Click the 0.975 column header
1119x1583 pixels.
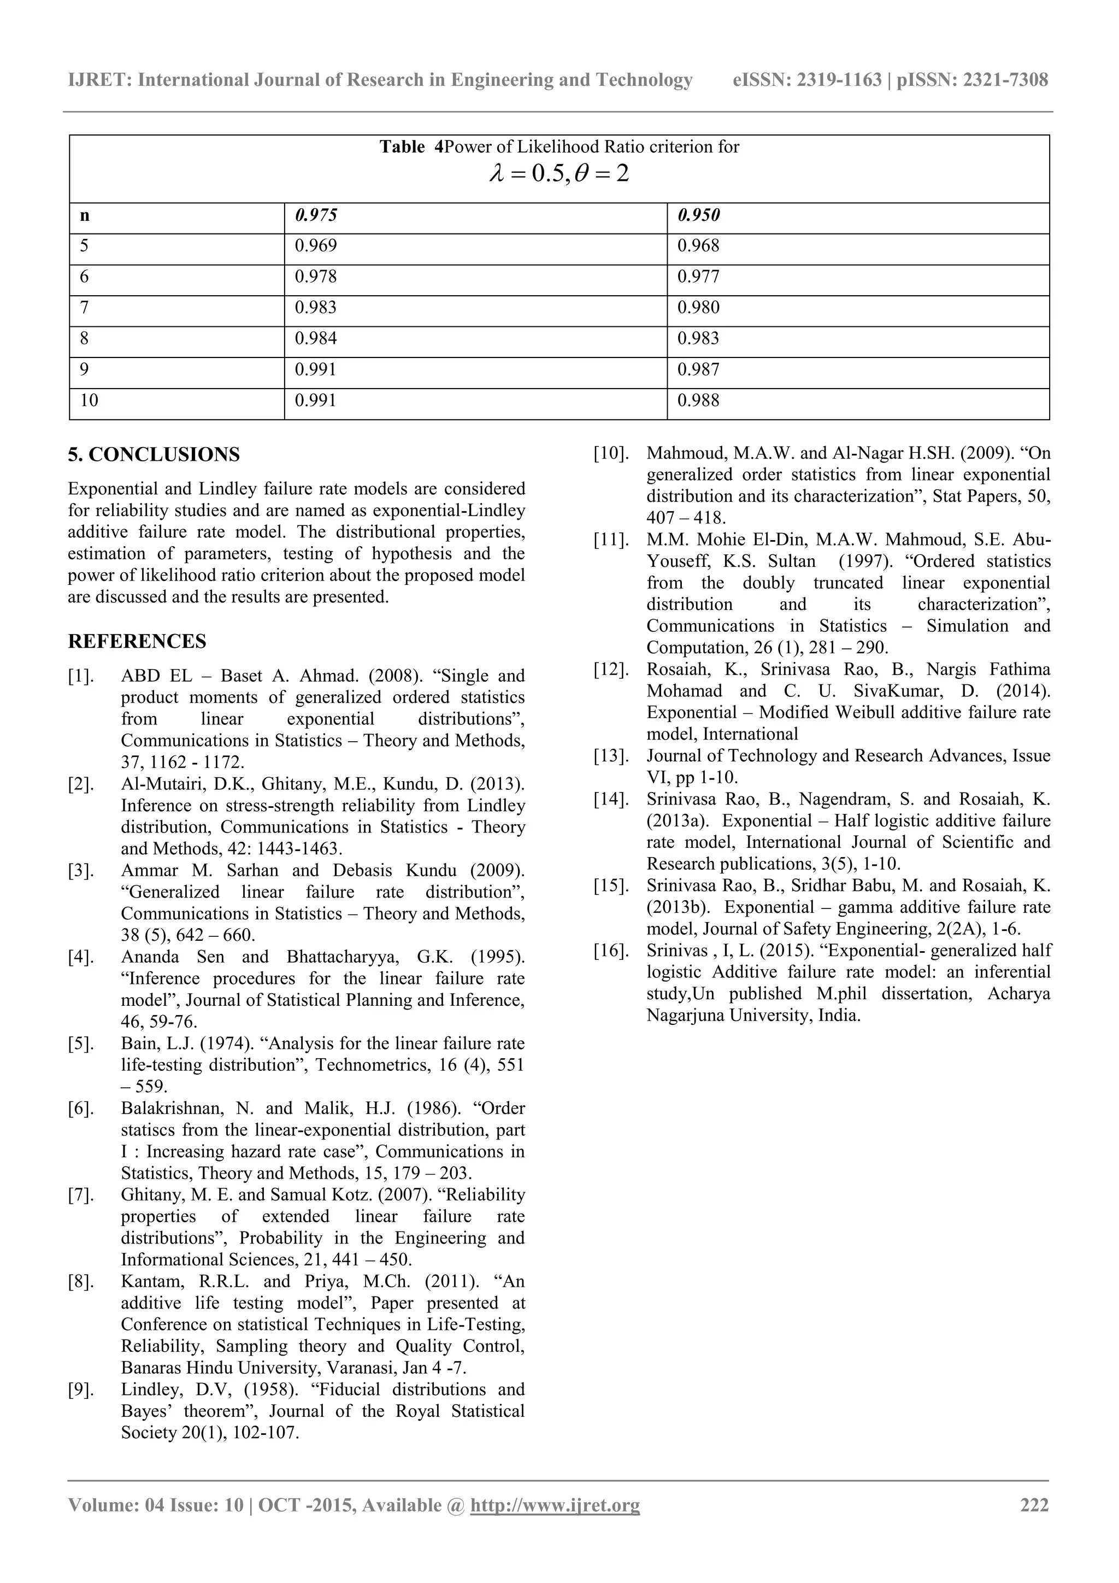click(316, 215)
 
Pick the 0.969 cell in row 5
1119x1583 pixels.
click(316, 246)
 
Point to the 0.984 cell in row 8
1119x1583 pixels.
click(316, 338)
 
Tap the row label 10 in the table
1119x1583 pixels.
click(89, 401)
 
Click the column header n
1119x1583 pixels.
click(85, 216)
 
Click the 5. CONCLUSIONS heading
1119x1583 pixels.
click(154, 455)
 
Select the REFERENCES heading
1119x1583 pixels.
click(137, 642)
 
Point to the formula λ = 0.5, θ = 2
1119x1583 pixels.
click(559, 173)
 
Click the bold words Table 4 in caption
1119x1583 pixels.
click(411, 147)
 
